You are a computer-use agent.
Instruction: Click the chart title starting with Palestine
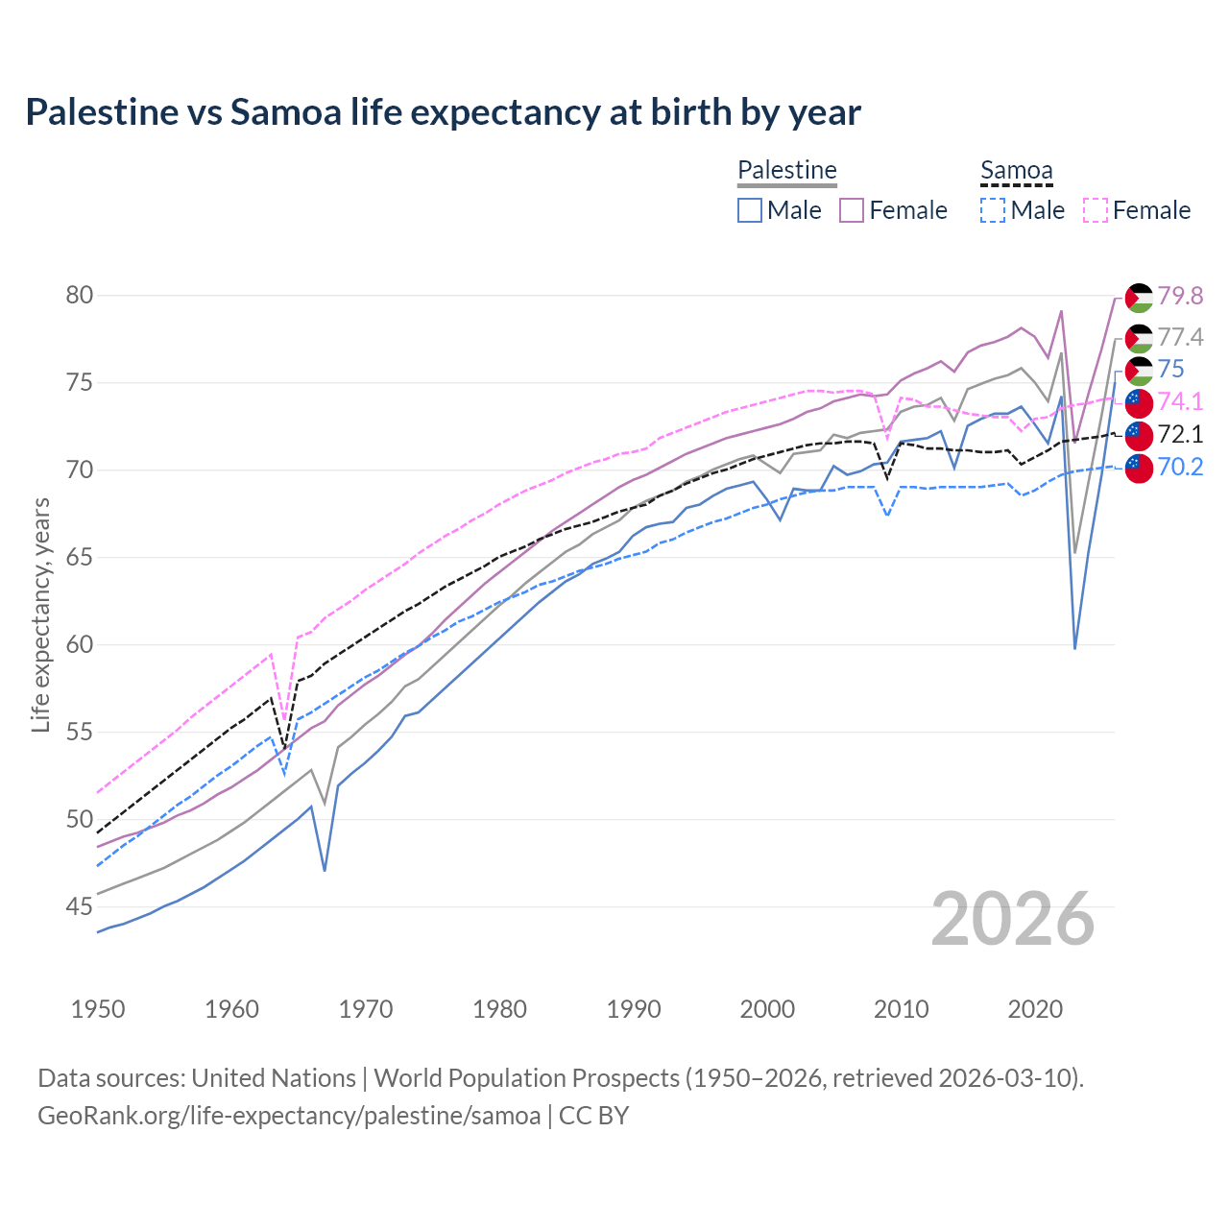pyautogui.click(x=443, y=112)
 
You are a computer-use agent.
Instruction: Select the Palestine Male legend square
pyautogui.click(x=750, y=210)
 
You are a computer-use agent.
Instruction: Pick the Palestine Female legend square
pyautogui.click(x=852, y=210)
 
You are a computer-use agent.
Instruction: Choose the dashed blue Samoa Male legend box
pyautogui.click(x=993, y=210)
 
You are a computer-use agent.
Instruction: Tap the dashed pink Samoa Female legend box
pyautogui.click(x=1096, y=210)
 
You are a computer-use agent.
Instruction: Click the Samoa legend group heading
pyautogui.click(x=1017, y=171)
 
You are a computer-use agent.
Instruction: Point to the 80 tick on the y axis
pyautogui.click(x=79, y=296)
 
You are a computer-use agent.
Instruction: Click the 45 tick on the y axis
pyautogui.click(x=79, y=906)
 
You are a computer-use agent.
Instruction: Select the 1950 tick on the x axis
pyautogui.click(x=98, y=1009)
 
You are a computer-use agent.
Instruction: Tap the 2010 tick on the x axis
pyautogui.click(x=901, y=1009)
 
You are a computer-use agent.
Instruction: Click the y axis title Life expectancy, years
pyautogui.click(x=40, y=614)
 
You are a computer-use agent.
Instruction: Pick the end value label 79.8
pyautogui.click(x=1180, y=296)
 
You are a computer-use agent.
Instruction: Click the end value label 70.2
pyautogui.click(x=1180, y=468)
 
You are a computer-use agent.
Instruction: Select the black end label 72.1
pyautogui.click(x=1180, y=435)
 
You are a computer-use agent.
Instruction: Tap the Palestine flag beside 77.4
pyautogui.click(x=1139, y=338)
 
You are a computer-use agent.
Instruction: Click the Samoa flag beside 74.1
pyautogui.click(x=1139, y=402)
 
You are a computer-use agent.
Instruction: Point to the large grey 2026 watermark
pyautogui.click(x=1013, y=919)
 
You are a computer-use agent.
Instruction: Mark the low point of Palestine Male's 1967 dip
pyautogui.click(x=325, y=870)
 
